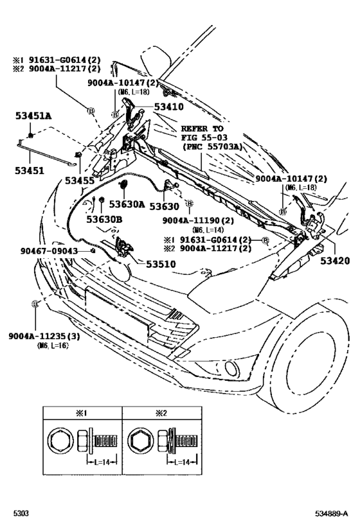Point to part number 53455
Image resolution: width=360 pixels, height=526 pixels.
(x=79, y=182)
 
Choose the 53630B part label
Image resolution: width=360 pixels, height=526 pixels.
(x=105, y=220)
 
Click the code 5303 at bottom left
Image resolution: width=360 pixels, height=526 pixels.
(x=21, y=514)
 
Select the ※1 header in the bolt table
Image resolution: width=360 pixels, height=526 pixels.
(x=84, y=414)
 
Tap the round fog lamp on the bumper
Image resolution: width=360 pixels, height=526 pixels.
(x=231, y=367)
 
